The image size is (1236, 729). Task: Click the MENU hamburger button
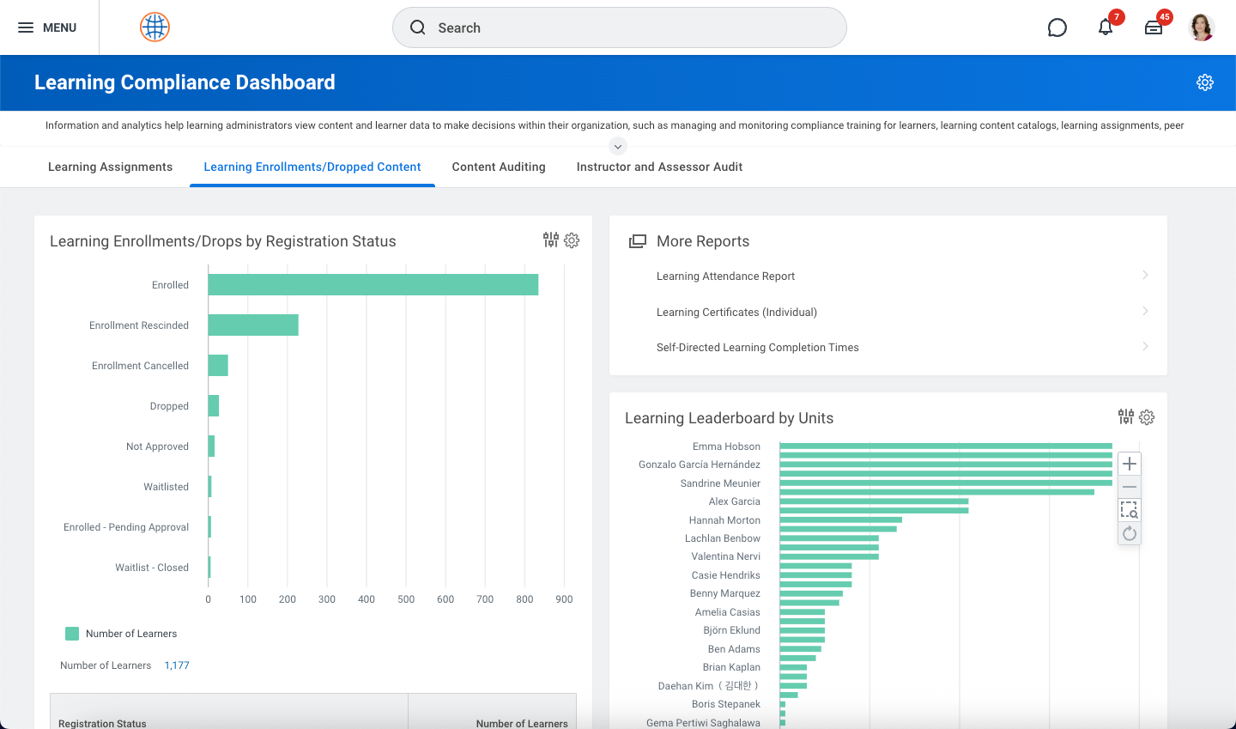click(47, 27)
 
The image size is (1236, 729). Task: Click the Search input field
click(619, 27)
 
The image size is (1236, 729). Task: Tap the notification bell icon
click(1106, 27)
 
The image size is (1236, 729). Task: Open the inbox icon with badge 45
click(1154, 27)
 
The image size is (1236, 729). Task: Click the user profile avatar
click(1202, 27)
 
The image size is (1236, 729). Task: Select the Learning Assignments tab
click(110, 167)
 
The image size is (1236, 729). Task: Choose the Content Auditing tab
click(499, 167)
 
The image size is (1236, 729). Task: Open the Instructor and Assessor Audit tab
click(659, 167)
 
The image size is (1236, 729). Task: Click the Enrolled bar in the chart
click(373, 285)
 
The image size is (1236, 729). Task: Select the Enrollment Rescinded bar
click(253, 325)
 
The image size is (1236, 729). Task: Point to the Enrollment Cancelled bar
click(218, 366)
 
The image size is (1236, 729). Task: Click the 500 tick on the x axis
click(406, 599)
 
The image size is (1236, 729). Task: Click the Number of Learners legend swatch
click(72, 634)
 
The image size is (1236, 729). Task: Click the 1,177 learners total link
click(177, 665)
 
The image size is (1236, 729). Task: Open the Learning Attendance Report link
click(725, 276)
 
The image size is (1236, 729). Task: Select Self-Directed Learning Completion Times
click(757, 348)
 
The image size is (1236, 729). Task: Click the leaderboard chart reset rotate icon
click(1130, 534)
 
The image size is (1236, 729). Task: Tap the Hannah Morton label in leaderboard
click(724, 520)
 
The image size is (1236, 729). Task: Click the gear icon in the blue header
click(1205, 82)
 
